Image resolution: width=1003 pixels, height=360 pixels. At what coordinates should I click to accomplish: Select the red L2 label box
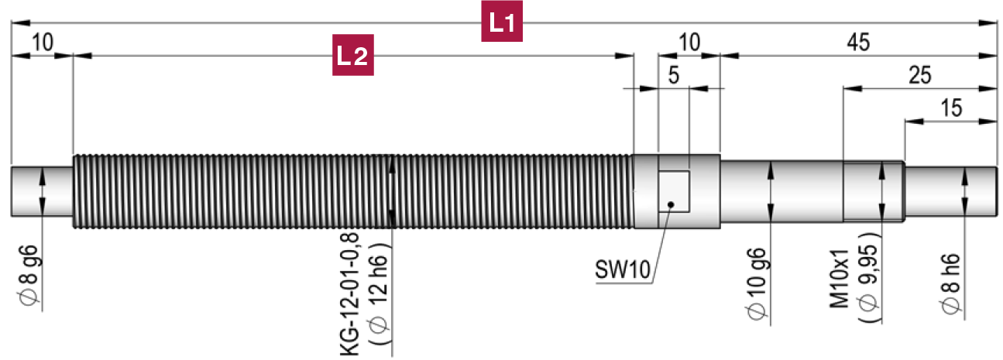(353, 55)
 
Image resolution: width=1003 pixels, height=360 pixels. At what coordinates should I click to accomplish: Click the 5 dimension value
(673, 76)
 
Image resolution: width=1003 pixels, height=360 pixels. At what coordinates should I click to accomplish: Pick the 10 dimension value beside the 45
(689, 43)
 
